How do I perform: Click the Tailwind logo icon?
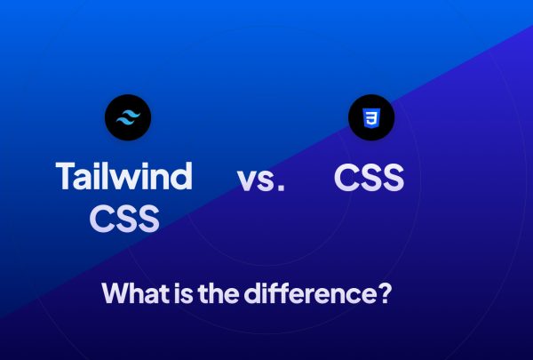pyautogui.click(x=128, y=116)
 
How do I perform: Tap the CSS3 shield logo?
pyautogui.click(x=370, y=116)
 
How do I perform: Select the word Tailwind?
pyautogui.click(x=123, y=176)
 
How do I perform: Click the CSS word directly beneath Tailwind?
pyautogui.click(x=124, y=218)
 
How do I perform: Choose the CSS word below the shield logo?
pyautogui.click(x=370, y=177)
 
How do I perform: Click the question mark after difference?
pyautogui.click(x=385, y=293)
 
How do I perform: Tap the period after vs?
pyautogui.click(x=281, y=188)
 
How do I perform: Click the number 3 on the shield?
pyautogui.click(x=370, y=117)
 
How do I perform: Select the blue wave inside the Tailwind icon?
pyautogui.click(x=128, y=116)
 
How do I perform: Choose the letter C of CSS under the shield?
pyautogui.click(x=346, y=177)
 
